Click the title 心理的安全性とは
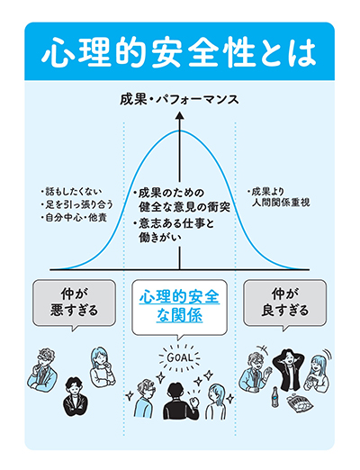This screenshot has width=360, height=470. (x=179, y=53)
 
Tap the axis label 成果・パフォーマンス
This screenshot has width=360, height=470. (x=179, y=100)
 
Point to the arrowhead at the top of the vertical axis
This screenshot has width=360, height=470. (x=180, y=116)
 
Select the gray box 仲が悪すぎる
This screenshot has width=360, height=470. (x=74, y=303)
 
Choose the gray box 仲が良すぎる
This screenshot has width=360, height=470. (x=284, y=303)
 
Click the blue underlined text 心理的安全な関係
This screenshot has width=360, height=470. (x=179, y=306)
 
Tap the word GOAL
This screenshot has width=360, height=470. (x=179, y=357)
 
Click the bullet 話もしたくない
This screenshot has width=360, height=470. (x=72, y=191)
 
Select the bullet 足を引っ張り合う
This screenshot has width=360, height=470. (x=77, y=204)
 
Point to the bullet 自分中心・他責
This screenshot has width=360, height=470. (x=74, y=217)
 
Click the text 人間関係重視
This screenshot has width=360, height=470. (x=281, y=203)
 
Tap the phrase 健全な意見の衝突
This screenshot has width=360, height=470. (x=184, y=207)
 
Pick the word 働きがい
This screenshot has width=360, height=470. (x=160, y=238)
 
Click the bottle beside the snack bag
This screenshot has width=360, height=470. (x=274, y=397)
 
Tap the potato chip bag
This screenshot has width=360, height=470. (x=299, y=403)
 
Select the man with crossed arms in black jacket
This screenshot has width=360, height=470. (x=76, y=397)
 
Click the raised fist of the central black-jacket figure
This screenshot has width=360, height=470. (x=195, y=402)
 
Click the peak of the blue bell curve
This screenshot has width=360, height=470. (x=180, y=131)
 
